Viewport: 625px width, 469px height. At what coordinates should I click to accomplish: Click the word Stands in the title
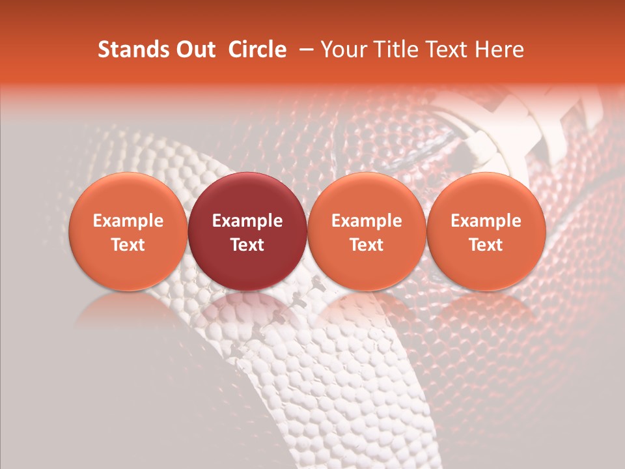[x=133, y=50]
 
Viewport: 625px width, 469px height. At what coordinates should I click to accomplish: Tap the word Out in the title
[x=193, y=50]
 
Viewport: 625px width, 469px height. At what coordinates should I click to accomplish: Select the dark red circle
[x=247, y=195]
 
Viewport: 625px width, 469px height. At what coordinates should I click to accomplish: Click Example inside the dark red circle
[x=247, y=221]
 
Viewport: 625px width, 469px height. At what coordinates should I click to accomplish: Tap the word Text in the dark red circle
[x=247, y=245]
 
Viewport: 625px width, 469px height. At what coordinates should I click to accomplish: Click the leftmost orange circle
[x=128, y=195]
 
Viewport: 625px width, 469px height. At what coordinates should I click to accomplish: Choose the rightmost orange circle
[x=486, y=195]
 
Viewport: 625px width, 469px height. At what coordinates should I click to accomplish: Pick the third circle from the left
[x=367, y=195]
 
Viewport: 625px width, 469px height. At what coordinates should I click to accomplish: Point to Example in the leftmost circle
[x=128, y=221]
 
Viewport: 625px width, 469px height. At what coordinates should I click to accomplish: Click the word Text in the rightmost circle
[x=486, y=245]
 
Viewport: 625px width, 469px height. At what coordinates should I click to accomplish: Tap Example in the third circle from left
[x=367, y=221]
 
